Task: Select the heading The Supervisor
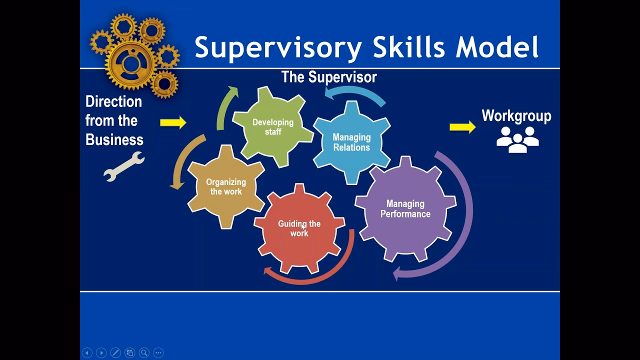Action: click(328, 77)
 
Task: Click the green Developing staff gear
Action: click(272, 127)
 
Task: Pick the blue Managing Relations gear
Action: click(351, 142)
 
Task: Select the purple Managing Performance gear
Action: click(405, 208)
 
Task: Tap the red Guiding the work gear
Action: click(299, 228)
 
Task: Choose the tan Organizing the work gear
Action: click(225, 187)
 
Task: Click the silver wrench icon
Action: click(123, 166)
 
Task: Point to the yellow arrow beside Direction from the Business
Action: click(172, 122)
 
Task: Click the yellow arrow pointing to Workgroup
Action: click(462, 127)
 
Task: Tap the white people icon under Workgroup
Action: click(517, 139)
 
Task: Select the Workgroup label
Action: click(516, 116)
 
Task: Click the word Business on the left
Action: click(114, 139)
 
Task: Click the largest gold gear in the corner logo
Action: click(131, 63)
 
